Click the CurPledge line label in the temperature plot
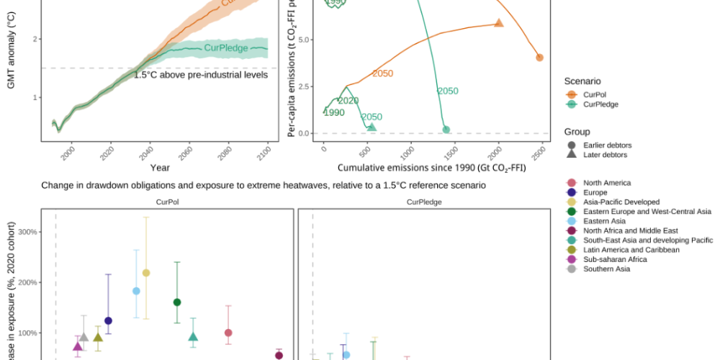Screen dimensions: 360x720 (225, 48)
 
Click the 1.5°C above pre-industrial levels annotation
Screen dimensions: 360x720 (201, 74)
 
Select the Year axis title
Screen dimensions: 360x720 (160, 168)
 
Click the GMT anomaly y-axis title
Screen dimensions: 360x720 (12, 54)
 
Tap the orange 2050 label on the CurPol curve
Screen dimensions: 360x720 (382, 73)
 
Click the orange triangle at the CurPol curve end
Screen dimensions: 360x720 (499, 23)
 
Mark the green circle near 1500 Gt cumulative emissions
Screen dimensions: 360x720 (446, 130)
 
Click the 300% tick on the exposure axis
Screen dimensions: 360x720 (27, 232)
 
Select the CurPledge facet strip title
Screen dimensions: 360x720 (424, 202)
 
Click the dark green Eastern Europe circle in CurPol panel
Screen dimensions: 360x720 (177, 302)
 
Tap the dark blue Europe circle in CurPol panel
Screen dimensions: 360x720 (109, 320)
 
